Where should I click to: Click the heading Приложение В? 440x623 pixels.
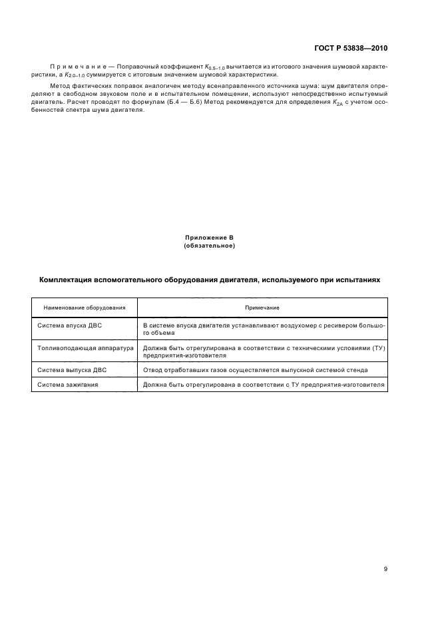click(210, 238)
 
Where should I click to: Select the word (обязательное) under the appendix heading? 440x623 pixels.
click(210, 246)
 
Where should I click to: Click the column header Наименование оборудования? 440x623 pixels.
click(85, 308)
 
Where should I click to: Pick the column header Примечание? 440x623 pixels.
click(262, 308)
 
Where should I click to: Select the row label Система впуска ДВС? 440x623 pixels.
click(69, 325)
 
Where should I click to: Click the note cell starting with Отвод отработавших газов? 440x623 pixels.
click(255, 369)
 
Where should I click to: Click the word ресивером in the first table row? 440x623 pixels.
click(333, 325)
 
